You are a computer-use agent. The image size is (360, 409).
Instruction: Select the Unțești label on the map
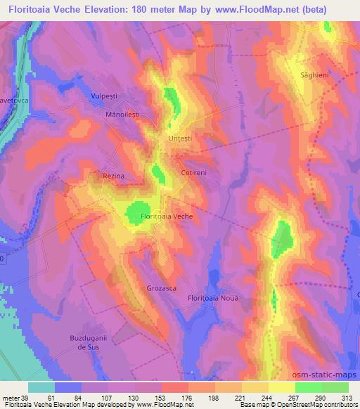click(180, 138)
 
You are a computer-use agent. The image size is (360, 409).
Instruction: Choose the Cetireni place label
click(193, 172)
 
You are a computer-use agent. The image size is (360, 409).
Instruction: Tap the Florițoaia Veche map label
click(167, 216)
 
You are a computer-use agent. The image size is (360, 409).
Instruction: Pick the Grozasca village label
click(162, 288)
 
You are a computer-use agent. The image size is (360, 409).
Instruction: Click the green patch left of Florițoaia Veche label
click(134, 212)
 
